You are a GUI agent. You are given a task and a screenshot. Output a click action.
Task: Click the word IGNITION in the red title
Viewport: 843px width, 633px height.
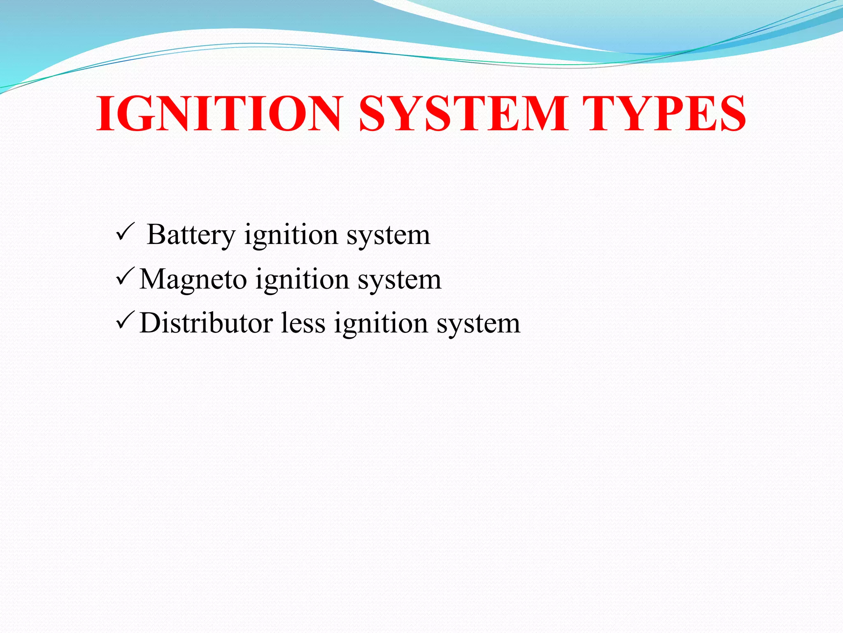[219, 113]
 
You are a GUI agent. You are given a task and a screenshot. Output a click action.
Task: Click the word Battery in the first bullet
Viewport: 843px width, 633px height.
[191, 235]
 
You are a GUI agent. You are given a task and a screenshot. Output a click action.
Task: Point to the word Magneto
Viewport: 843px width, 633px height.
[193, 279]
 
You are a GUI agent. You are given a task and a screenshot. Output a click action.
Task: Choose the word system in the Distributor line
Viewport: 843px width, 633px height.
[478, 324]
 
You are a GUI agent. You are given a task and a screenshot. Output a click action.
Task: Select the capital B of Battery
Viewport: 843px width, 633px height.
[156, 234]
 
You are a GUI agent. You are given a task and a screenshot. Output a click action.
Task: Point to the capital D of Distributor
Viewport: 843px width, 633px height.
[150, 323]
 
